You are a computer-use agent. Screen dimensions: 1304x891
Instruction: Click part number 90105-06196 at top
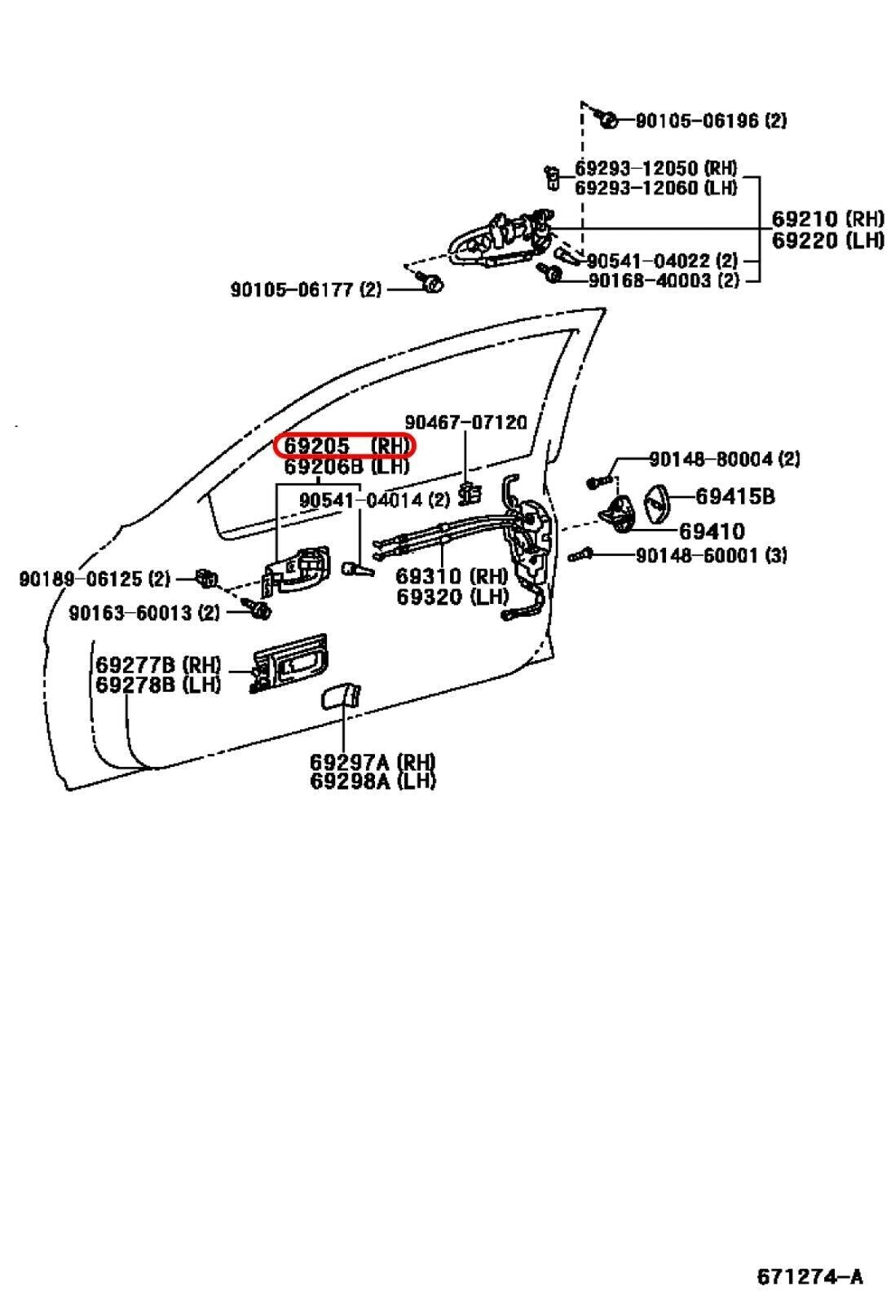coord(710,121)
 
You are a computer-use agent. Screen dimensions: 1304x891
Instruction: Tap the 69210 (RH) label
coord(827,219)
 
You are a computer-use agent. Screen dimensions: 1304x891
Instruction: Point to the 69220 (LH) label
coord(827,240)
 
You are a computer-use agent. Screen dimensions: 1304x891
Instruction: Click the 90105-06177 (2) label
coord(306,289)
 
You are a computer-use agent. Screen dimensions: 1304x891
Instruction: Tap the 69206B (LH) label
coord(346,467)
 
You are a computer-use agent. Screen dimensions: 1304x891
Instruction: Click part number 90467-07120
coord(465,422)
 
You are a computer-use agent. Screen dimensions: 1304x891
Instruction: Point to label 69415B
coord(734,496)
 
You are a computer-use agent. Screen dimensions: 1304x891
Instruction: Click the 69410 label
coord(712,531)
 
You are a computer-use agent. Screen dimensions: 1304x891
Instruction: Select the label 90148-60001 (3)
coord(711,556)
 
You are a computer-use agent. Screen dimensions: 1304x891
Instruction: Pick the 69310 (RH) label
coord(451,576)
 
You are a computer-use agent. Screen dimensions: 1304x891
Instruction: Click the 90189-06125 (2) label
coord(95,579)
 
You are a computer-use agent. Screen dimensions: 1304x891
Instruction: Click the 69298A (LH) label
coord(373,781)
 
